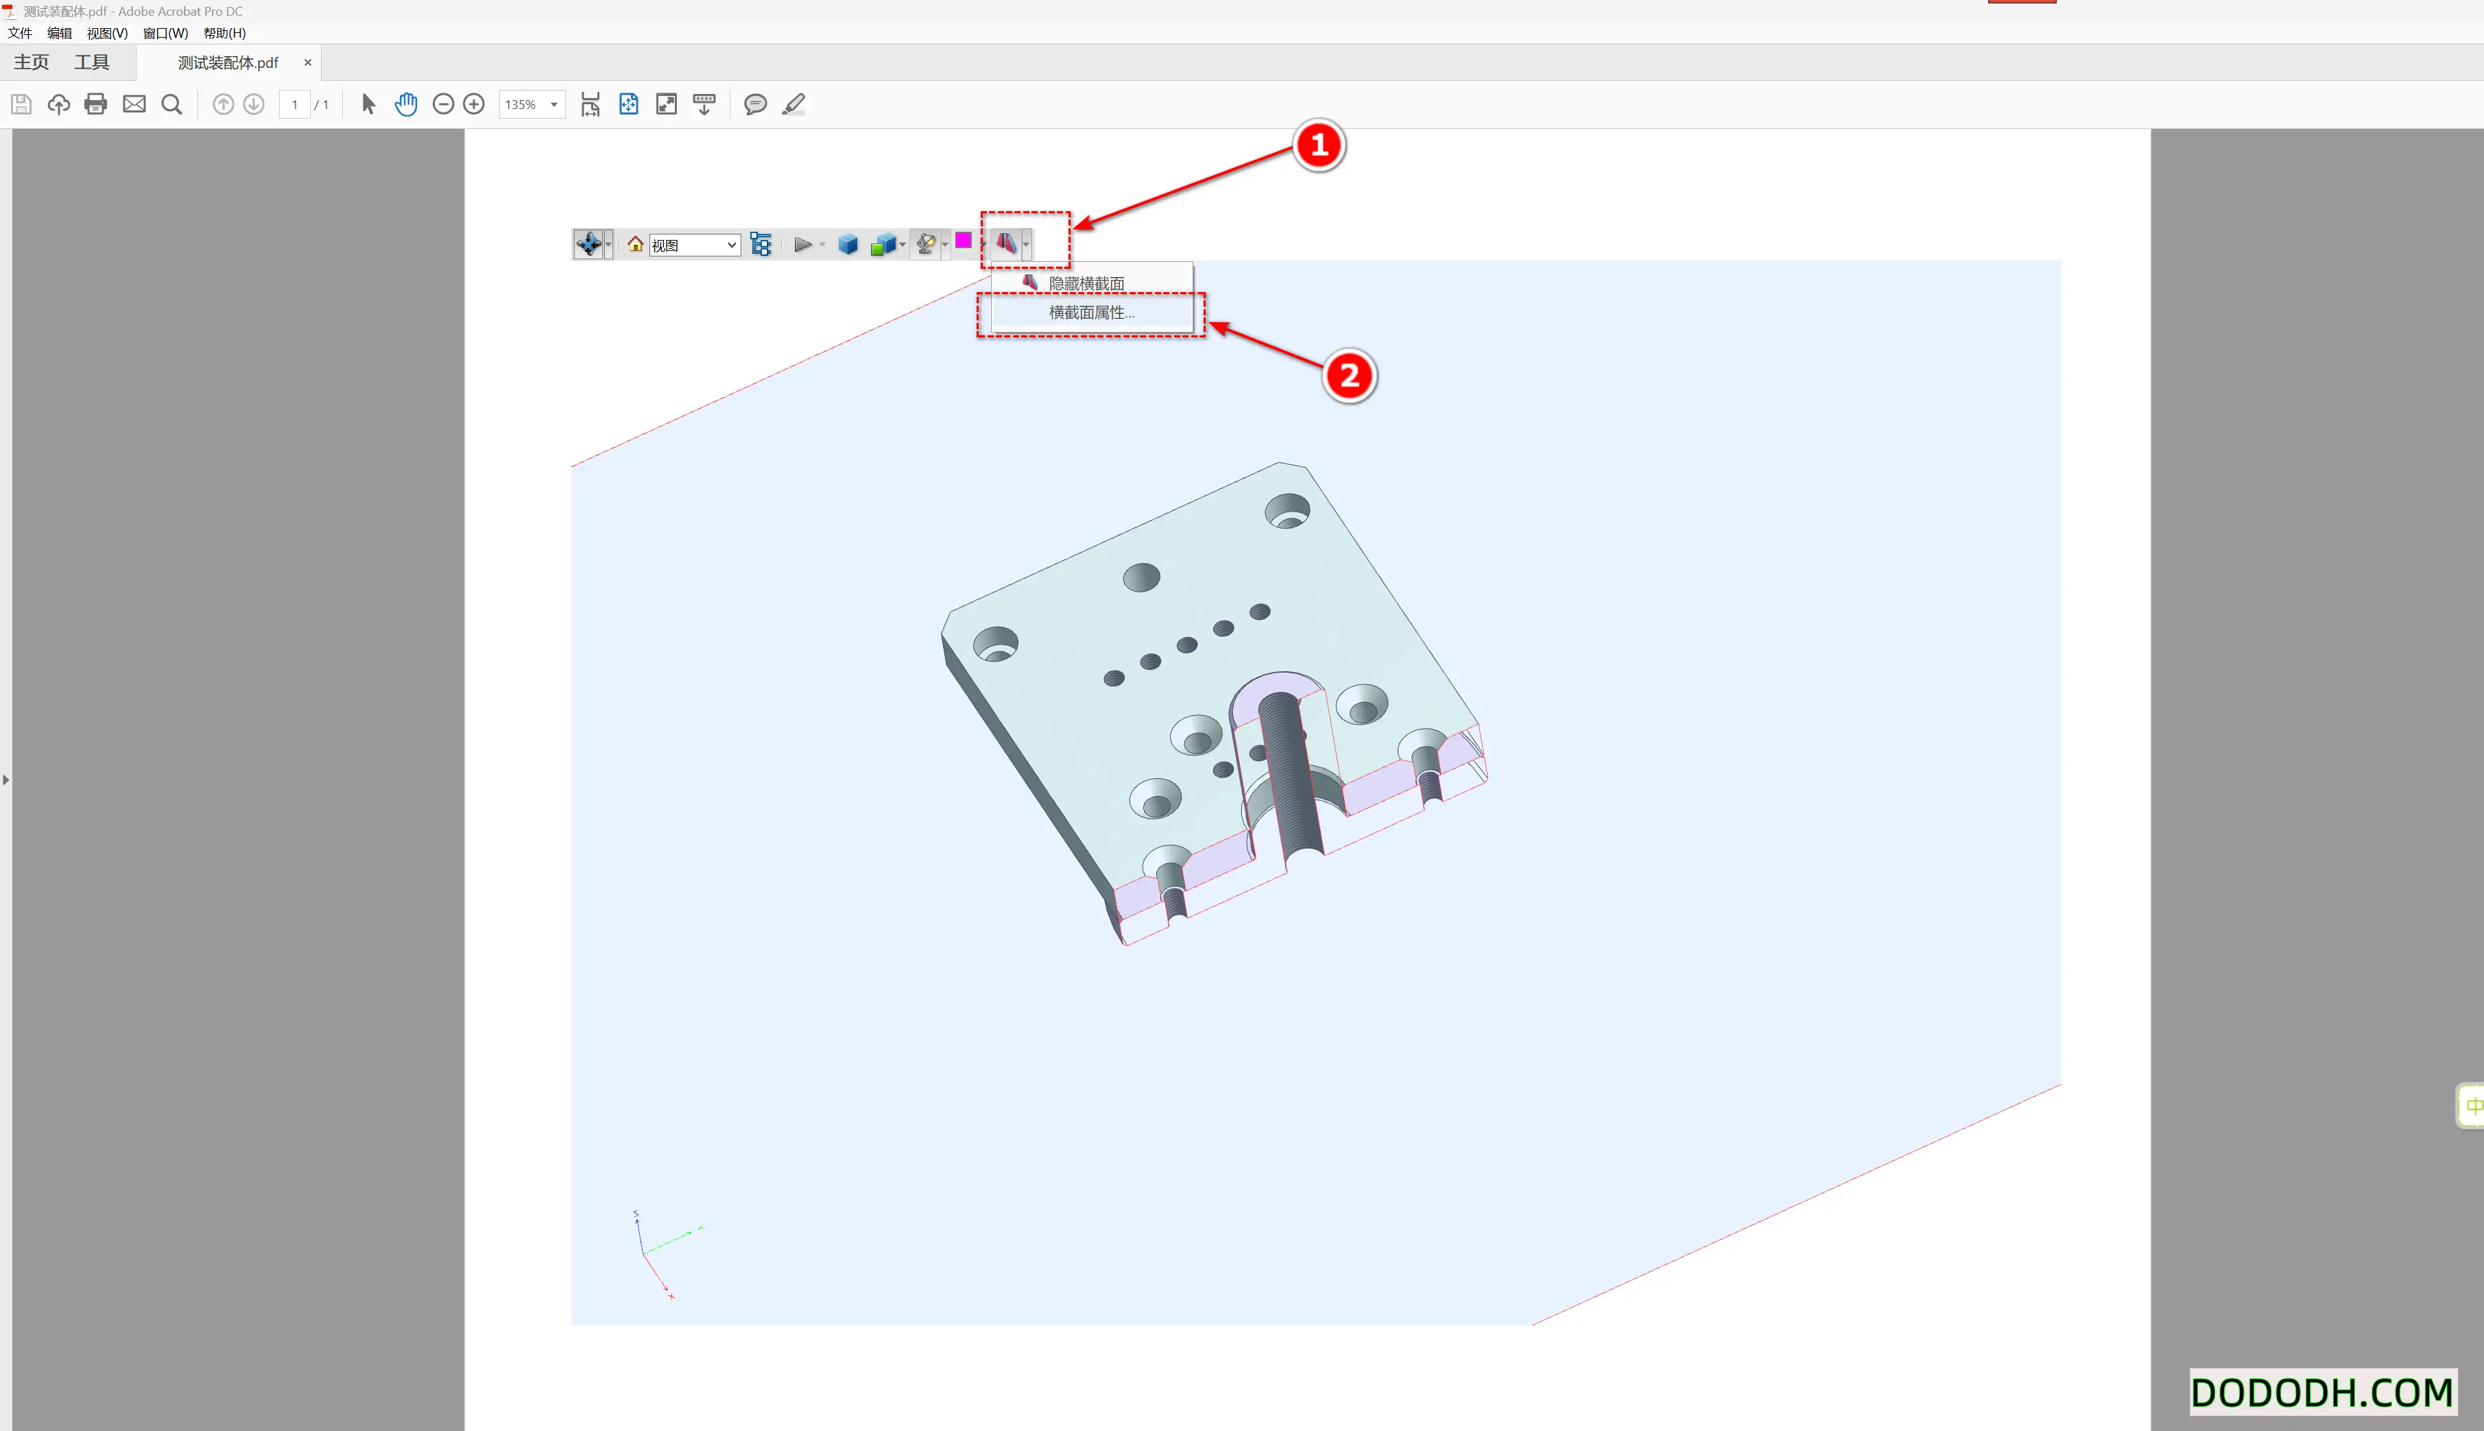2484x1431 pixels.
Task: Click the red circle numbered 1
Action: click(1318, 145)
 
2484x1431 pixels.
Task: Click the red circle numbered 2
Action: click(1349, 376)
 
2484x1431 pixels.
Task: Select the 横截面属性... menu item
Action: click(1090, 313)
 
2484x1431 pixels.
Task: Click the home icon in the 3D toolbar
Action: click(635, 243)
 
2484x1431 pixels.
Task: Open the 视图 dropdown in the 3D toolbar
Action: click(694, 245)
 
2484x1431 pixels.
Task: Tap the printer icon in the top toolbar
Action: click(95, 104)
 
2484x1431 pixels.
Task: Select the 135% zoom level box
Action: click(531, 104)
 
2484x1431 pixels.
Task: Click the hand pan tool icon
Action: click(406, 104)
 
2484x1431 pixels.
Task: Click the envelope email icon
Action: click(134, 104)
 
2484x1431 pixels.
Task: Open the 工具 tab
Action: click(91, 62)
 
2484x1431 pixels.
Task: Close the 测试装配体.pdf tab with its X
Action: click(308, 62)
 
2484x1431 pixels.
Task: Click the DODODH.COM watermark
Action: click(2322, 1392)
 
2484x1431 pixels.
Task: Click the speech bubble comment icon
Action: click(755, 104)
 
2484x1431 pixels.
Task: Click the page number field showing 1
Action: click(294, 104)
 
